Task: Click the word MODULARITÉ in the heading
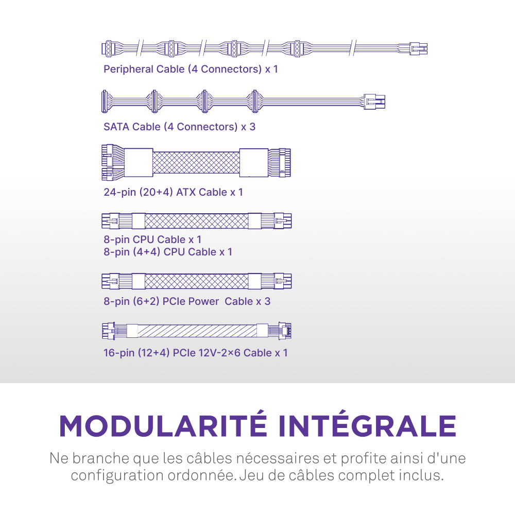pyautogui.click(x=162, y=425)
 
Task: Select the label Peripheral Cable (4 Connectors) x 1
pyautogui.click(x=191, y=69)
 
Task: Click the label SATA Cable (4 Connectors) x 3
pyautogui.click(x=179, y=127)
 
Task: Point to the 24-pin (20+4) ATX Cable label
pyautogui.click(x=173, y=192)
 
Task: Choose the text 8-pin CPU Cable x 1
pyautogui.click(x=152, y=239)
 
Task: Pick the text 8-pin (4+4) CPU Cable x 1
pyautogui.click(x=168, y=252)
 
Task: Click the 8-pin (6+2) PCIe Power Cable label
pyautogui.click(x=186, y=301)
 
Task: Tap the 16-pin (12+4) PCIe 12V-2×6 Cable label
pyautogui.click(x=195, y=353)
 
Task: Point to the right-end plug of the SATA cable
pyautogui.click(x=374, y=101)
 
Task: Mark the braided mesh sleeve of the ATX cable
pyautogui.click(x=196, y=162)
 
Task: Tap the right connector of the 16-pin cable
pyautogui.click(x=285, y=331)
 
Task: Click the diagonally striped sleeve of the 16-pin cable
pyautogui.click(x=197, y=331)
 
